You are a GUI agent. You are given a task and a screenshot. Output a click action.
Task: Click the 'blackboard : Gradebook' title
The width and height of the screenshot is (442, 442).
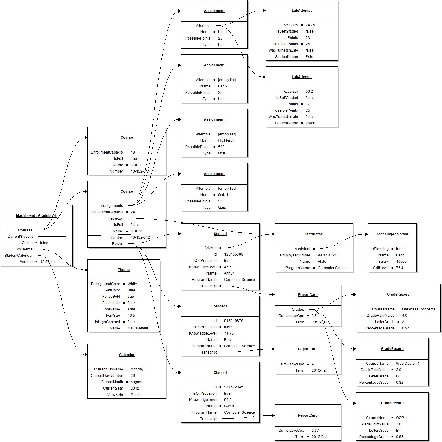click(36, 216)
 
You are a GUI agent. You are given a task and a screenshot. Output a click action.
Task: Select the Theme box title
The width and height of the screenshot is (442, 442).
click(124, 270)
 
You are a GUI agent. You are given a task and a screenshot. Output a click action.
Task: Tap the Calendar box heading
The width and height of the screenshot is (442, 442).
click(127, 355)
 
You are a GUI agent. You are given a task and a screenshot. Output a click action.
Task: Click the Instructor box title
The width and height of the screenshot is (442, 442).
click(313, 234)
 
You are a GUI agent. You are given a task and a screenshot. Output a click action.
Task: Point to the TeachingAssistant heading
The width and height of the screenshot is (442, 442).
click(392, 234)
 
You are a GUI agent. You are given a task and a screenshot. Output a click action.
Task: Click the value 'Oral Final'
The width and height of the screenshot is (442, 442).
click(226, 141)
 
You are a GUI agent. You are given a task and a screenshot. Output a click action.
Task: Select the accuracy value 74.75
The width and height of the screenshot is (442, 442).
click(310, 25)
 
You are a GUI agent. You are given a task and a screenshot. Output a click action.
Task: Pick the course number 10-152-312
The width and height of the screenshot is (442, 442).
click(140, 237)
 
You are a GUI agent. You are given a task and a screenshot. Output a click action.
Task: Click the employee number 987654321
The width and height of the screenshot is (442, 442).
click(327, 255)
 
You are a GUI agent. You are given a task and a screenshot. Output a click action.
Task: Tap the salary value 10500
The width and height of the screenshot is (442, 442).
click(401, 262)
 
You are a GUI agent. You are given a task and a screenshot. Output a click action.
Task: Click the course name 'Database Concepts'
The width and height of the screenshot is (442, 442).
click(418, 309)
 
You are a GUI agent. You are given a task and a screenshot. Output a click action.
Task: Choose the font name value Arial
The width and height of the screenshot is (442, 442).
click(131, 309)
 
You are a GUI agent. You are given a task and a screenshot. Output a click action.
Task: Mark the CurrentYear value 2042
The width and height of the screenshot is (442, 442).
click(135, 388)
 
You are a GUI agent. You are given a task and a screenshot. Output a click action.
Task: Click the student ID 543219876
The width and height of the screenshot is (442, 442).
click(234, 321)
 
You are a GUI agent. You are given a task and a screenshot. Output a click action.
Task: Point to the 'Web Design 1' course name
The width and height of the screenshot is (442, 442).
click(408, 364)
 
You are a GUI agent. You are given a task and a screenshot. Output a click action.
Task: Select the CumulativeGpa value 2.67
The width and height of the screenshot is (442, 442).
click(315, 431)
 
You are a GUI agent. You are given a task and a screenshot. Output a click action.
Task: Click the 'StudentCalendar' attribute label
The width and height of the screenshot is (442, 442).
click(18, 256)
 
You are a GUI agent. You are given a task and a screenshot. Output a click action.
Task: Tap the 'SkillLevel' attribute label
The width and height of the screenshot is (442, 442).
click(380, 268)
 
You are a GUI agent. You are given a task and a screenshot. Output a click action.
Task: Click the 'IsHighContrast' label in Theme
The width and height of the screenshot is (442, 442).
click(107, 322)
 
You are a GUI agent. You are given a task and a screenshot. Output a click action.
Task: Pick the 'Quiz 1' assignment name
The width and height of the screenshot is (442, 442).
click(223, 195)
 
